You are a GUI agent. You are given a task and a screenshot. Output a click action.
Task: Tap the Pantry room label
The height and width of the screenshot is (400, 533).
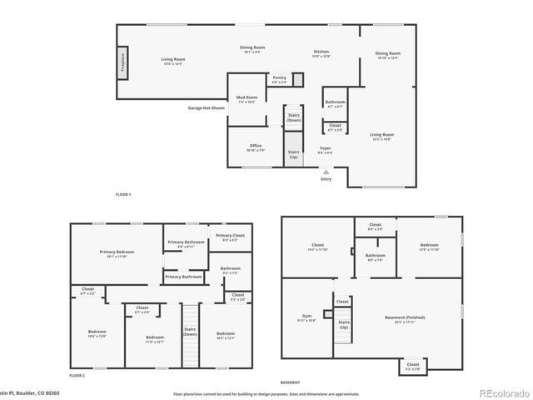(x=279, y=79)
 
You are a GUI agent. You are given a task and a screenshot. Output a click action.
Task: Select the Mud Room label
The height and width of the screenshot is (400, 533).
(x=246, y=99)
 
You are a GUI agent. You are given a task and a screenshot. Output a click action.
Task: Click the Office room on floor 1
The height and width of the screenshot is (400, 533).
(x=256, y=147)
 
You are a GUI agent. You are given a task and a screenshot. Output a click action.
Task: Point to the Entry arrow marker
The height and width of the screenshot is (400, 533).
(x=326, y=172)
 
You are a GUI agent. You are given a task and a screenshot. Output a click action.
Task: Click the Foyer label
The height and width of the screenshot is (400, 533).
(x=326, y=150)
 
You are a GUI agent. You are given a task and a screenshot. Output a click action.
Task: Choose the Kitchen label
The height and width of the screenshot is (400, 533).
(x=321, y=54)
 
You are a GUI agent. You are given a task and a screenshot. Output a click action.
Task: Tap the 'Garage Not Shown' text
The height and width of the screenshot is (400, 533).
(x=206, y=107)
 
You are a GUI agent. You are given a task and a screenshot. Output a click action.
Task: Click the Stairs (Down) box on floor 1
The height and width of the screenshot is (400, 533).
(x=294, y=118)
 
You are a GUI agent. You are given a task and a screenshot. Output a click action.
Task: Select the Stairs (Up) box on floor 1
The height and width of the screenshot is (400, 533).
(x=294, y=154)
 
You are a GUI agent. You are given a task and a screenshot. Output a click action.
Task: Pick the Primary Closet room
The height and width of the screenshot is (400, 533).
(x=230, y=237)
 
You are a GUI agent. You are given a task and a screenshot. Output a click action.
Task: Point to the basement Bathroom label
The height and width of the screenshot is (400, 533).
(x=375, y=257)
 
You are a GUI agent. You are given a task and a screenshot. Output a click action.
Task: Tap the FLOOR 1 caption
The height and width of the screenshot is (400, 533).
(x=123, y=194)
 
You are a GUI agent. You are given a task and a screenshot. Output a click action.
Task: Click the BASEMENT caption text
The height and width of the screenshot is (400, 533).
(x=290, y=382)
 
